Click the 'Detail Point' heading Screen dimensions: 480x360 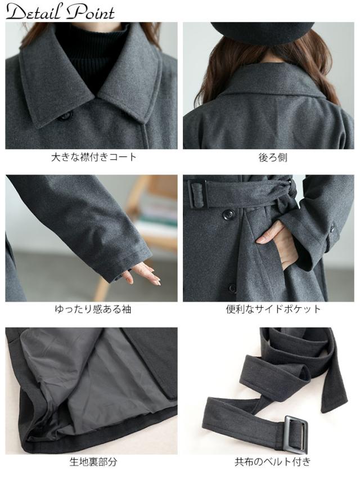pos(60,12)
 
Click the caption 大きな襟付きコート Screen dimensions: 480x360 pos(94,157)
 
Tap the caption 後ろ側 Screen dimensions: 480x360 pos(273,158)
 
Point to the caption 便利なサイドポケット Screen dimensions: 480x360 pos(273,309)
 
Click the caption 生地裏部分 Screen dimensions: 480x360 pos(93,462)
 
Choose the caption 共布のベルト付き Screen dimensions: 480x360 pos(273,462)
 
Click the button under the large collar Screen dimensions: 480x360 pos(66,116)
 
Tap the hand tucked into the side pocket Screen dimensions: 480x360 pos(278,242)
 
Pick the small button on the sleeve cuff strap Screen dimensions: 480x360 pos(332,228)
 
